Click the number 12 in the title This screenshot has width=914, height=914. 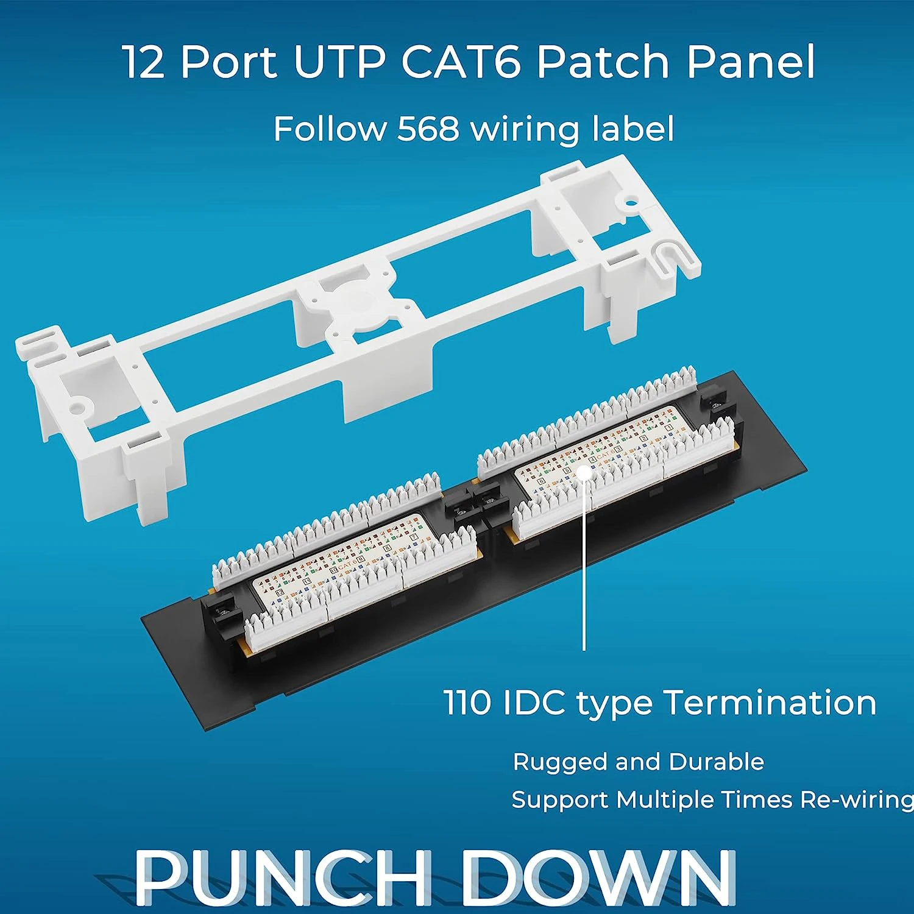(x=144, y=62)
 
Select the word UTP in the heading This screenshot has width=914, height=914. (x=339, y=62)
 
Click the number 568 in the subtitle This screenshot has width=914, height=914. (x=428, y=129)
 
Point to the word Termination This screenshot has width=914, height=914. (x=770, y=702)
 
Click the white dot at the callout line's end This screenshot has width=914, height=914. (x=584, y=474)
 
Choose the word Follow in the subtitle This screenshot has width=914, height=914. (x=330, y=129)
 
